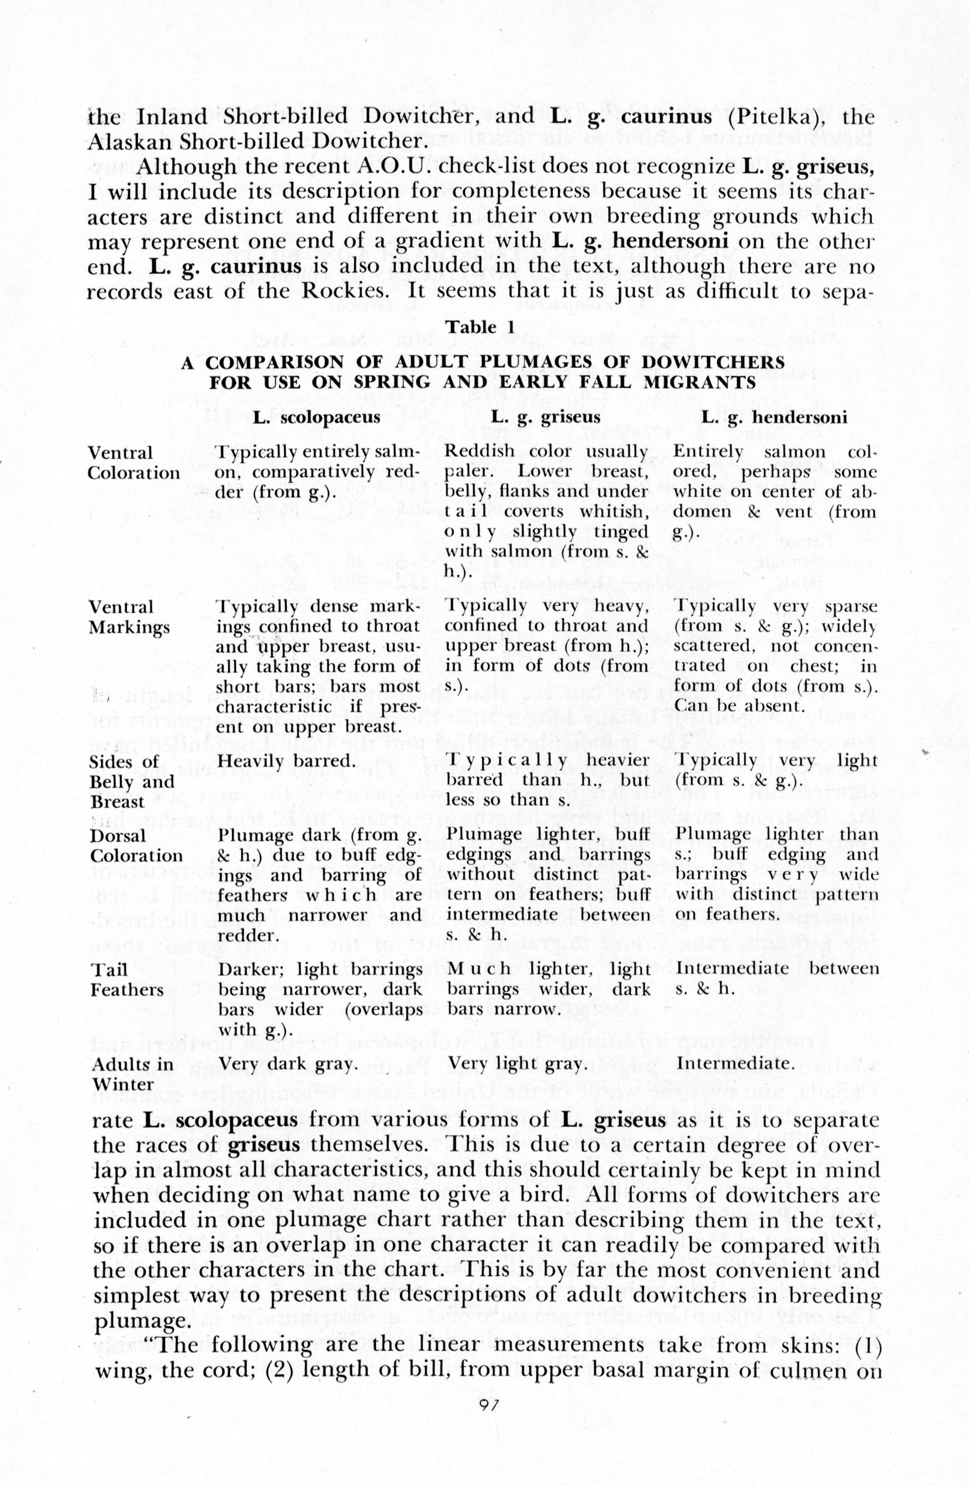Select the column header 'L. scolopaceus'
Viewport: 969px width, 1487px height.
[x=317, y=418]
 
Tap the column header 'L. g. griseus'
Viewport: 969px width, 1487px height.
[x=546, y=418]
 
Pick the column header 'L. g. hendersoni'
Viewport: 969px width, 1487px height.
[x=774, y=418]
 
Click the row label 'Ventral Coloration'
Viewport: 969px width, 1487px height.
[x=133, y=462]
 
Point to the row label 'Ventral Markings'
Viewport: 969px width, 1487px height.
[x=129, y=617]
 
